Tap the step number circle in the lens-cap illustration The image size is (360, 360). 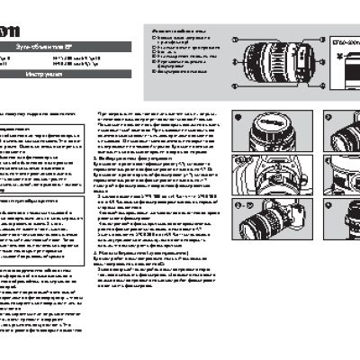click(236, 117)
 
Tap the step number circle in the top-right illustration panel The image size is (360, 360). click(305, 117)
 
